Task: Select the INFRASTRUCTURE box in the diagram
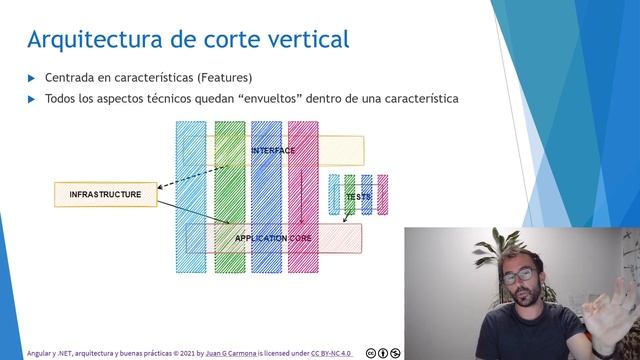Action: coord(105,194)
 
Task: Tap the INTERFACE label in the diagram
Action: coord(273,151)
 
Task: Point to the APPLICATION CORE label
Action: coord(273,239)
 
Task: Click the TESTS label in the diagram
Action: coord(358,197)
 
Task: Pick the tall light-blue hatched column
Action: coord(191,180)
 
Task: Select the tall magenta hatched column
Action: coord(303,180)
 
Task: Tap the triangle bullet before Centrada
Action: coord(32,78)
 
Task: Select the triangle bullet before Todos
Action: coord(32,99)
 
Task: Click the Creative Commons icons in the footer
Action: coord(383,353)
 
